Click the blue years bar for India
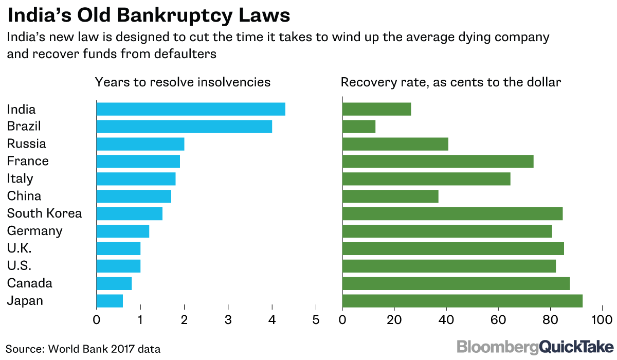pyautogui.click(x=191, y=109)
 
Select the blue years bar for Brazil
pyautogui.click(x=184, y=127)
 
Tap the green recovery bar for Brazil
pyautogui.click(x=359, y=127)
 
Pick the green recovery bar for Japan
pyautogui.click(x=462, y=301)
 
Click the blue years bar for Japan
pyautogui.click(x=110, y=301)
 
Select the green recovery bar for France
pyautogui.click(x=438, y=161)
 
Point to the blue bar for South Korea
pyautogui.click(x=130, y=213)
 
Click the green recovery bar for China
pyautogui.click(x=390, y=196)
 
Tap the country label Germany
pyautogui.click(x=35, y=231)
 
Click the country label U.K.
pyautogui.click(x=20, y=248)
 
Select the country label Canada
pyautogui.click(x=30, y=283)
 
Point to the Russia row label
pyautogui.click(x=27, y=144)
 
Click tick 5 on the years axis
pyautogui.click(x=316, y=320)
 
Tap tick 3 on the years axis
pyautogui.click(x=228, y=320)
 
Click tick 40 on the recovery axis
pyautogui.click(x=446, y=320)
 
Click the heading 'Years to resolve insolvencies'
pyautogui.click(x=182, y=82)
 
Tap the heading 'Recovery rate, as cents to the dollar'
pyautogui.click(x=450, y=82)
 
